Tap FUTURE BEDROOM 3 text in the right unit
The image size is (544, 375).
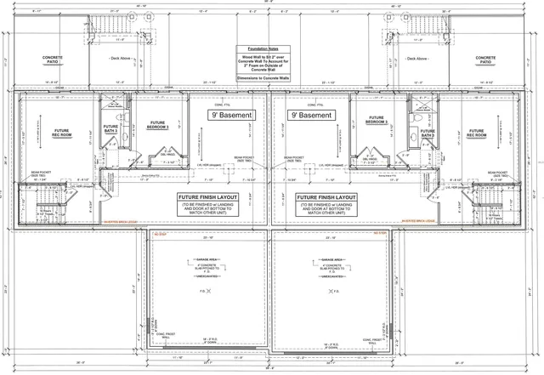click(376, 122)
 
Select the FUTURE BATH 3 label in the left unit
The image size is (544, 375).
click(110, 129)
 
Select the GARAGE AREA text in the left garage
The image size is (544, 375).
click(207, 259)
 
